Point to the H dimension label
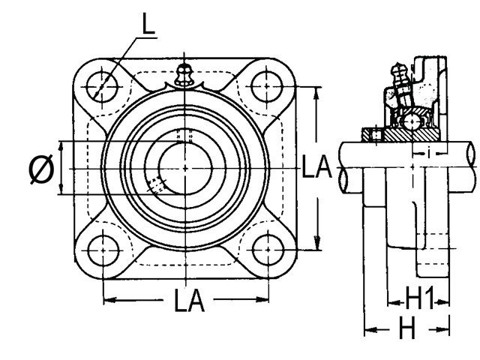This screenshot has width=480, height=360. tap(406, 328)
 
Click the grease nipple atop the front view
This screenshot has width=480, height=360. tap(183, 76)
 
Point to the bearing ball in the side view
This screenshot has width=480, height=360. tap(411, 120)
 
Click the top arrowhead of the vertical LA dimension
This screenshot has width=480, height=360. tap(317, 91)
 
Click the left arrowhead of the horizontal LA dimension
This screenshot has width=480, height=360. tap(107, 300)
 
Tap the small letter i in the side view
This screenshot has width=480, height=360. tap(428, 153)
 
